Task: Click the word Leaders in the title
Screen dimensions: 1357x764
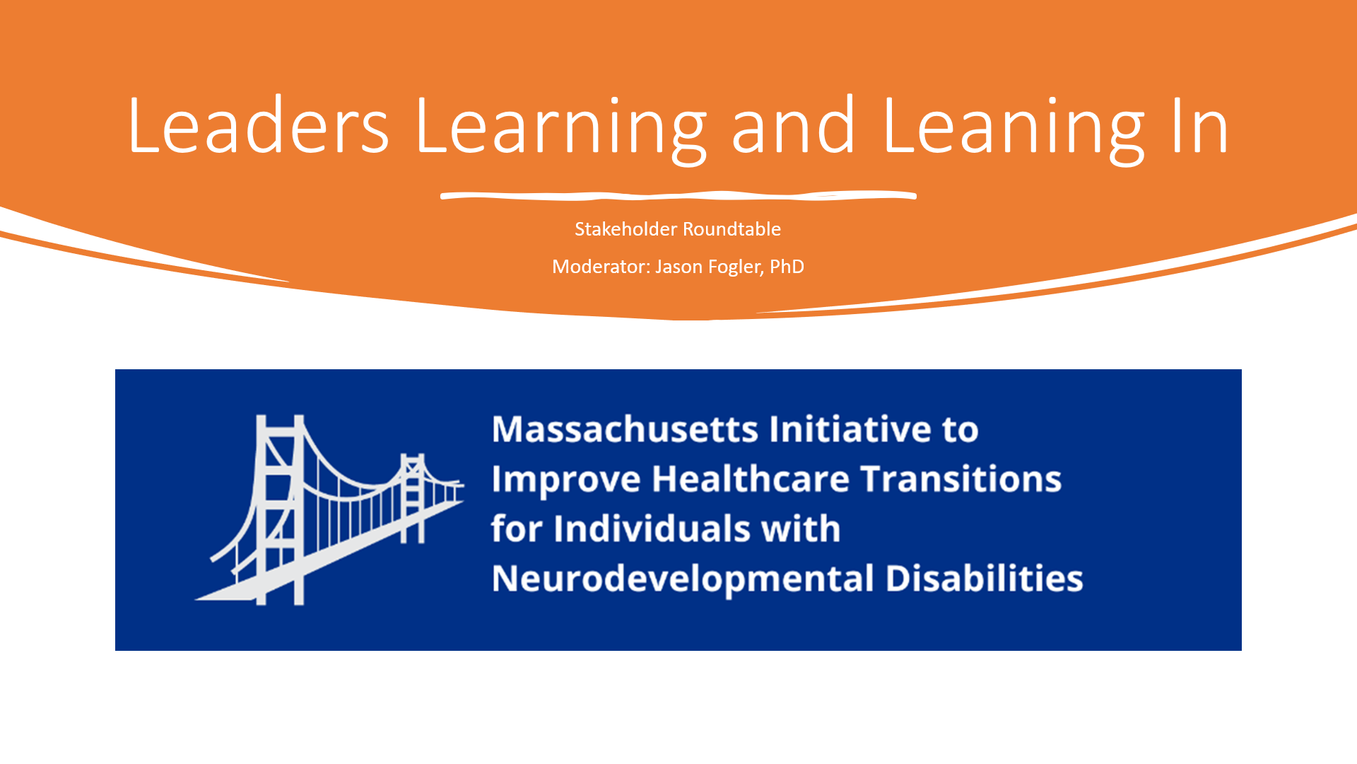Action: click(x=259, y=126)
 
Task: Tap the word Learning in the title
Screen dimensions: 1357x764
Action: click(x=562, y=129)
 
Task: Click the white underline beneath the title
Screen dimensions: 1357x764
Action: click(x=678, y=195)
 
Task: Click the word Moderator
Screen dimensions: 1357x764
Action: click(x=601, y=267)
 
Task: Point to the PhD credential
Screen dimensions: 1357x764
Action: click(x=787, y=267)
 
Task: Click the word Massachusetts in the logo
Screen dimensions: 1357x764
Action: click(x=625, y=429)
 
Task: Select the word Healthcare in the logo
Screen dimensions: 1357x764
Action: click(x=750, y=479)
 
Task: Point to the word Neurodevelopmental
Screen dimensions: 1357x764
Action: click(x=683, y=579)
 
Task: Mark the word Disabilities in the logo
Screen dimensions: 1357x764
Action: click(x=984, y=578)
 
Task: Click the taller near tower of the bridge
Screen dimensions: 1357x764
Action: click(x=280, y=509)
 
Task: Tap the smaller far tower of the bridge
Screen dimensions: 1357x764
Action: click(x=413, y=498)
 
